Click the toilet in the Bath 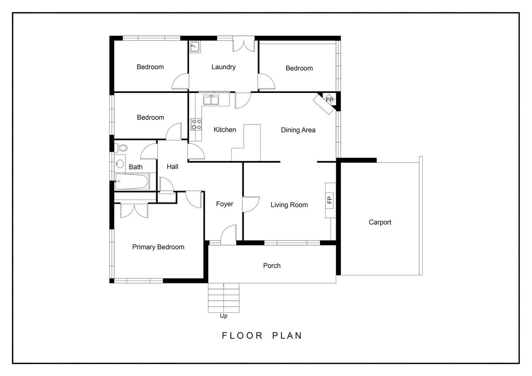(x=122, y=148)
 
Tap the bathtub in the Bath (x=131, y=182)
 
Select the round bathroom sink (x=120, y=163)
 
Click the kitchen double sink (x=211, y=100)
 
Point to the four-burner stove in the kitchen (x=196, y=124)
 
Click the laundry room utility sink (x=194, y=46)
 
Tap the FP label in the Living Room (x=329, y=200)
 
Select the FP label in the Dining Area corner (x=329, y=100)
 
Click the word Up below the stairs (x=224, y=316)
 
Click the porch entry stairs (x=224, y=298)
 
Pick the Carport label (x=380, y=222)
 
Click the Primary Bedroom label (x=158, y=247)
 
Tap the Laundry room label (x=224, y=67)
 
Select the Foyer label (x=225, y=204)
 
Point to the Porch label (x=272, y=266)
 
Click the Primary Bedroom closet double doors (x=134, y=211)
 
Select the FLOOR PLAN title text (x=262, y=336)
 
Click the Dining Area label (x=298, y=130)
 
